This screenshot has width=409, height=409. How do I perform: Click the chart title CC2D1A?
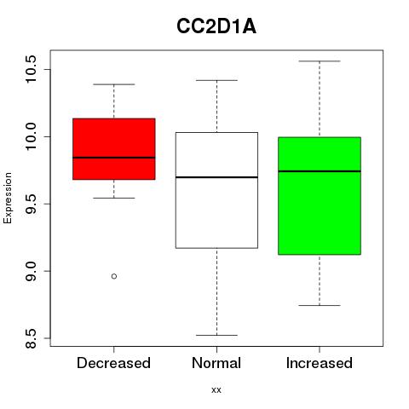[x=216, y=26]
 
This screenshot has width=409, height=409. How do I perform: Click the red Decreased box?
[x=114, y=149]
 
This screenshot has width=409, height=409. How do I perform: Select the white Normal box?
[x=216, y=190]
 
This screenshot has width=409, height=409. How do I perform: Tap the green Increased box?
[x=320, y=196]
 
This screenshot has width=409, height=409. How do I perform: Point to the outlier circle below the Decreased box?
[x=114, y=276]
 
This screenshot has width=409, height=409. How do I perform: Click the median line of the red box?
[x=114, y=158]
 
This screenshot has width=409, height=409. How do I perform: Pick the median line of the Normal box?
[x=216, y=177]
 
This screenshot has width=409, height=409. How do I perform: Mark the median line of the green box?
[x=320, y=171]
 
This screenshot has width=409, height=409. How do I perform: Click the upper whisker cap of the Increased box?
[x=320, y=61]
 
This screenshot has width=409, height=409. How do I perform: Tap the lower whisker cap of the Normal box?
[x=216, y=335]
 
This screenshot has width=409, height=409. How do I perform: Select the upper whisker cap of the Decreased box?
[x=114, y=84]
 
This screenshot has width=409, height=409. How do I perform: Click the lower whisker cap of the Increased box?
[x=320, y=305]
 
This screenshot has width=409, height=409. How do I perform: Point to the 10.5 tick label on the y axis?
[x=31, y=69]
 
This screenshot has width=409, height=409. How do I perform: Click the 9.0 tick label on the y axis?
[x=31, y=271]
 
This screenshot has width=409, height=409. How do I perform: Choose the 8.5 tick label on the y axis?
[x=31, y=338]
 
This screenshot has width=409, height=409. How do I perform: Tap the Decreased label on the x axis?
[x=113, y=363]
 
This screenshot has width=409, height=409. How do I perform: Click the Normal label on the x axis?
[x=216, y=363]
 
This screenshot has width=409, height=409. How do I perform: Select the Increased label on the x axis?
[x=320, y=363]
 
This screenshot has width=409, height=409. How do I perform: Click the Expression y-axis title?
[x=8, y=198]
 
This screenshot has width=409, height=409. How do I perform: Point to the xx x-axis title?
[x=216, y=390]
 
